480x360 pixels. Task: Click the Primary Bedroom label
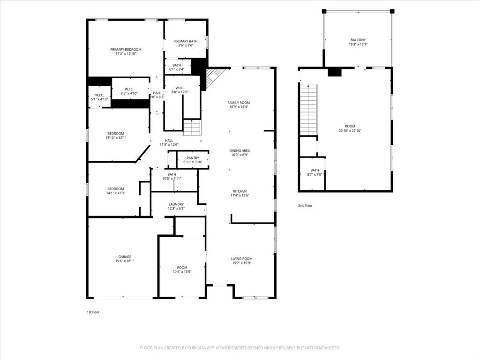click(x=126, y=49)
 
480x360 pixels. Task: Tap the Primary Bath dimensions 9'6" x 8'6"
click(x=186, y=46)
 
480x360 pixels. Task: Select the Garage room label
click(x=125, y=257)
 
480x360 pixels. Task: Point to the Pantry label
click(x=193, y=158)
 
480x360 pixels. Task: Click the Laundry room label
click(x=176, y=204)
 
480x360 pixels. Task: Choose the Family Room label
click(x=239, y=103)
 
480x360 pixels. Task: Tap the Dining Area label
click(x=240, y=151)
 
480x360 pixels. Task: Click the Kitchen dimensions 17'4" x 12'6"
click(x=240, y=195)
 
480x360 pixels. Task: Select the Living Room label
click(x=242, y=259)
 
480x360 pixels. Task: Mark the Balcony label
click(x=358, y=40)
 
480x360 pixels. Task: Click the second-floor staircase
click(x=309, y=110)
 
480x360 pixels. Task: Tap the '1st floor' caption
click(x=93, y=312)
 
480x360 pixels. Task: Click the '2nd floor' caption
click(x=305, y=205)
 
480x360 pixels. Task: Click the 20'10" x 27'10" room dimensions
click(x=350, y=131)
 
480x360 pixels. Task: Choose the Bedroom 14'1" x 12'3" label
click(x=115, y=193)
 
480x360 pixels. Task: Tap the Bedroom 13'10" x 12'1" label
click(x=115, y=138)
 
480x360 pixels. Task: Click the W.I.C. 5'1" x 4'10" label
click(x=99, y=99)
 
